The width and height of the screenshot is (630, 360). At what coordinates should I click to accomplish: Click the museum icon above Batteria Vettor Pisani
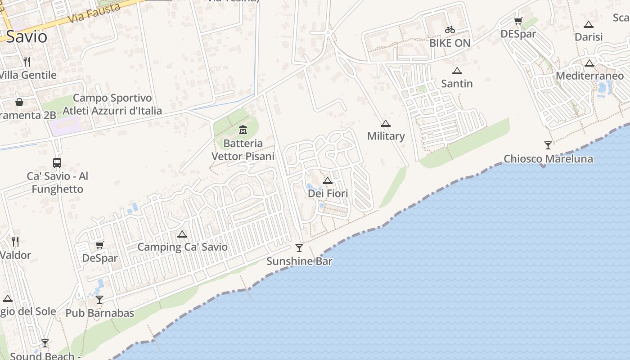tap(243, 130)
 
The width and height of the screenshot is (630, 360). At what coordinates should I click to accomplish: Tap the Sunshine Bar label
tap(299, 261)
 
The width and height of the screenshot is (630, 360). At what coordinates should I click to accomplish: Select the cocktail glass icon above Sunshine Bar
tap(299, 248)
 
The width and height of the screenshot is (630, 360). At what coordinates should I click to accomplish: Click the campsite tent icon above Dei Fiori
tap(328, 181)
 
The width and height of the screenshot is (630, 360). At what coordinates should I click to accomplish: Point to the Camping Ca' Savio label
tap(182, 247)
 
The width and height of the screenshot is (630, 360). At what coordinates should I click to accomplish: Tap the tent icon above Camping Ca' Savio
tap(182, 234)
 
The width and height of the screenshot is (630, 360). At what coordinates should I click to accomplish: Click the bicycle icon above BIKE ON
tap(450, 30)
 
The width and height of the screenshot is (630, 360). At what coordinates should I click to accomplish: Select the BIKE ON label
tap(450, 43)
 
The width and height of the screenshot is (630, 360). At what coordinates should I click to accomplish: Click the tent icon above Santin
tap(457, 71)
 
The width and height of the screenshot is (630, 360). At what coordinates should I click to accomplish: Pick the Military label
tap(386, 136)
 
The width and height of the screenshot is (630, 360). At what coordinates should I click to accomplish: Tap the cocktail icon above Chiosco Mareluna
tap(548, 145)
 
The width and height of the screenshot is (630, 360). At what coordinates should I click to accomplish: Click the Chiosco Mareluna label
tap(548, 159)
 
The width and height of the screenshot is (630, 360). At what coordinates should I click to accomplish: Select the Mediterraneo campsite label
tap(589, 76)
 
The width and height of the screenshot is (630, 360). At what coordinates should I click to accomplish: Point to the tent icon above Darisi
tap(589, 24)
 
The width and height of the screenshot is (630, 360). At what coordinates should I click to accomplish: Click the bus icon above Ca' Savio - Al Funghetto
tap(57, 163)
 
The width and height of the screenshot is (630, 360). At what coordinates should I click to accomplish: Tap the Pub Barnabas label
tap(100, 313)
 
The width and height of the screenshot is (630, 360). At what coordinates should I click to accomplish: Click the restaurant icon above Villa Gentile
tap(27, 62)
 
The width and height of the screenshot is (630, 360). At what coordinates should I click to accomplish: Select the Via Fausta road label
tap(95, 13)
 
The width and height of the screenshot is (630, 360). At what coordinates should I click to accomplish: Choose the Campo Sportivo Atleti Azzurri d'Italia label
tap(112, 104)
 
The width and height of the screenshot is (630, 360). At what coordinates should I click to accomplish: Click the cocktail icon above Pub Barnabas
tap(99, 300)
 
